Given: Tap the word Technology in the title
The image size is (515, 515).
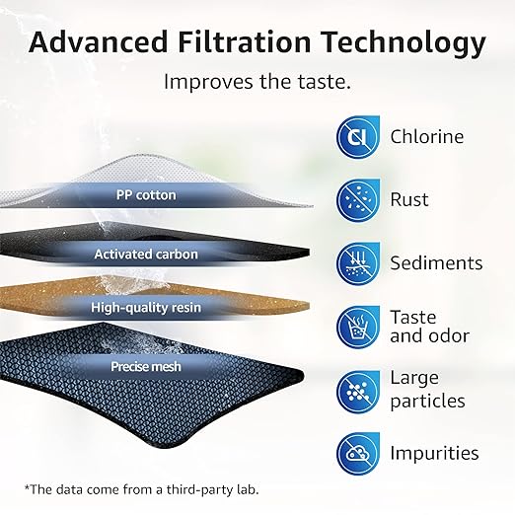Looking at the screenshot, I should pos(402,42).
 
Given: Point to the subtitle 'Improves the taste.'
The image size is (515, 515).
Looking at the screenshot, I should pos(257,81).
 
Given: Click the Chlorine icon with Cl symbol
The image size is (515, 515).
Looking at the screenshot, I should pos(357,137).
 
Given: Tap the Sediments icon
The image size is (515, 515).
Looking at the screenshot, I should pos(357,263).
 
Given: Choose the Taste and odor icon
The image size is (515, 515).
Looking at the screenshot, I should pos(357,327).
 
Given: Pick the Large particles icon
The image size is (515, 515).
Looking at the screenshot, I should pos(357,390).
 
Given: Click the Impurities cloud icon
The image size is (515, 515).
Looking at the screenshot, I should pos(357,453).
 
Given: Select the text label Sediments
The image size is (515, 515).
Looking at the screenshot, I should pos(436,263).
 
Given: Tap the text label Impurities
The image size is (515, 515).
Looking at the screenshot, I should pos(434,453).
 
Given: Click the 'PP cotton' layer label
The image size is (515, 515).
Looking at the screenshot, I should pos(143,195).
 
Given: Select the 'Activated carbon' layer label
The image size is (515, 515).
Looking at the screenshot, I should pos(146,255).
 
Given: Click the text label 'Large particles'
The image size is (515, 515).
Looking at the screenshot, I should pos(426,390).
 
